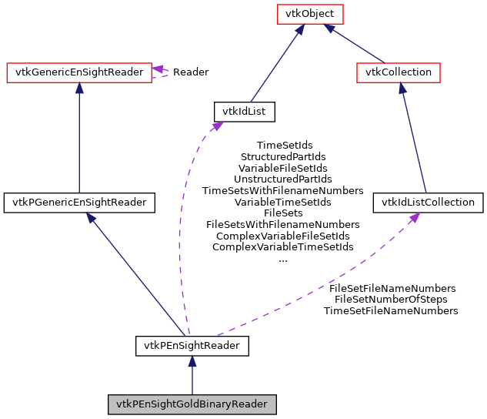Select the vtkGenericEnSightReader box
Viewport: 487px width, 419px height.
tap(78, 72)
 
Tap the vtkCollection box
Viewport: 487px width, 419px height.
tap(399, 72)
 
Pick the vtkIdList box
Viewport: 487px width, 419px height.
tap(244, 112)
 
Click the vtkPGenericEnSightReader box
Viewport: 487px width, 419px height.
tap(79, 203)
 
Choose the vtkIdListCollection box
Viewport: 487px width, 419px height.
tap(429, 203)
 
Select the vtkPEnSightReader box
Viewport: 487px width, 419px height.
tap(192, 346)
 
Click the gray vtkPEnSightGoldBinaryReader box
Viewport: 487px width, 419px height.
tap(192, 404)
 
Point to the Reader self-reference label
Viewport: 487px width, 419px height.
tap(190, 72)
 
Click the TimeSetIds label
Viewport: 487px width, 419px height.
tap(284, 145)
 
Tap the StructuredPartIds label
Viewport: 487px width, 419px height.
tap(282, 156)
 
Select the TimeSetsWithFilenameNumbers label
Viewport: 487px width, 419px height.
tap(282, 190)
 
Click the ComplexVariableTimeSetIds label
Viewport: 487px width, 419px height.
tap(282, 247)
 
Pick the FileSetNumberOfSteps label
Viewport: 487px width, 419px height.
tap(391, 300)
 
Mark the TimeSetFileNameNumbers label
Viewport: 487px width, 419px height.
tap(391, 311)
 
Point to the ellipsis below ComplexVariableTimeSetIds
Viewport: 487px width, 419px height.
tap(282, 259)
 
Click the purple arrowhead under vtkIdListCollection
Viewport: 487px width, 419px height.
tap(414, 218)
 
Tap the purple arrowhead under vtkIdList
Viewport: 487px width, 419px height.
tap(218, 126)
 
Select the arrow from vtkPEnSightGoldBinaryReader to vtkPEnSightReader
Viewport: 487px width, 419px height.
tap(192, 374)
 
